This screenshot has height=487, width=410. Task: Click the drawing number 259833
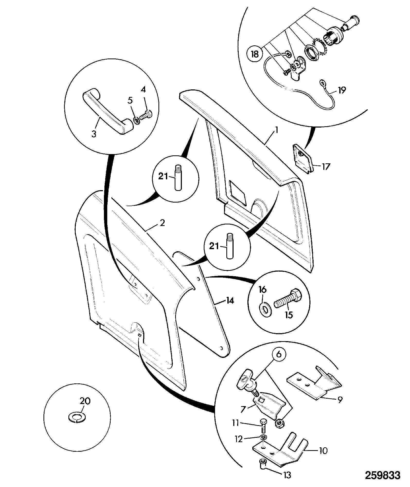point(382,475)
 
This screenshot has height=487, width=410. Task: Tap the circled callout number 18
point(255,55)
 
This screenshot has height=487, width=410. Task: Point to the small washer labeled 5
point(137,120)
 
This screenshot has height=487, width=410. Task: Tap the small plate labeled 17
point(303,161)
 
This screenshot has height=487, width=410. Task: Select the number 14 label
point(230,300)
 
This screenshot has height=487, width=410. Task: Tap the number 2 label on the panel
point(162,223)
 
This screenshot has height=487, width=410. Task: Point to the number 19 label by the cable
point(342,90)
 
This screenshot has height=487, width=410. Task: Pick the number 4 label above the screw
point(143,90)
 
